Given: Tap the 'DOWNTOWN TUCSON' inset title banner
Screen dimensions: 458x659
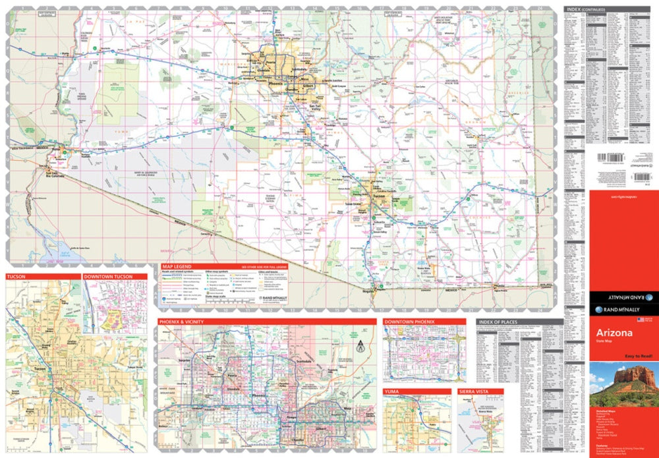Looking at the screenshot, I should (x=107, y=276).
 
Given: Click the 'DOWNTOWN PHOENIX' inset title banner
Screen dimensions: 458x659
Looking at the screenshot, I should (x=410, y=322).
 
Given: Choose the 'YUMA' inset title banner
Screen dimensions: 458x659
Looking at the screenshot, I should (x=393, y=391).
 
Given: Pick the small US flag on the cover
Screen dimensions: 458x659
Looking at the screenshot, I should (x=640, y=319).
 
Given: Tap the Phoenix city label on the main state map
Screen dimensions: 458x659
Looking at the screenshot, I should (x=275, y=84).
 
